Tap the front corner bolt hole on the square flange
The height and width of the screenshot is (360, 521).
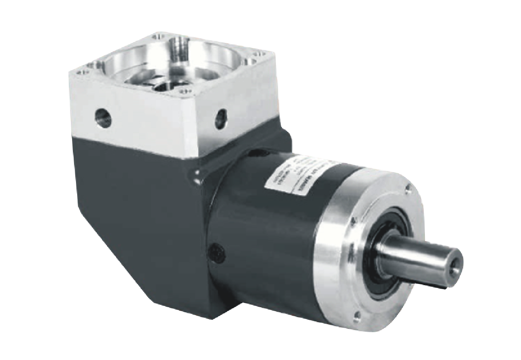[183, 94]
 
